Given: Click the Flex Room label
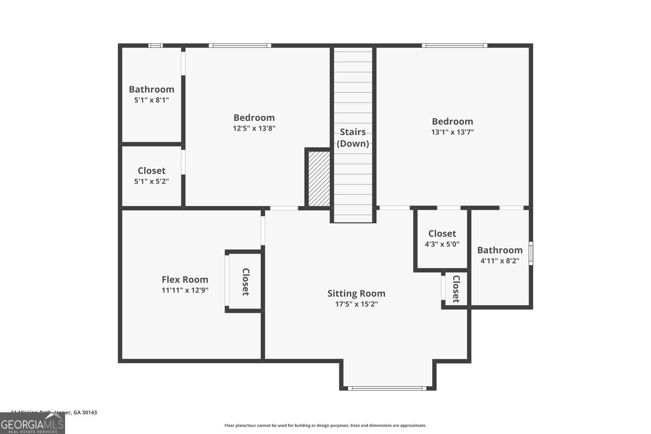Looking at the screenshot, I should point(185,279).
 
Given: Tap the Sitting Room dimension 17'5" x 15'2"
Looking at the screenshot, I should point(356,304).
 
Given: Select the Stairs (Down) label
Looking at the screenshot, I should point(353,138).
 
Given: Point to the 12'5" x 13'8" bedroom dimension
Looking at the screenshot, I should point(254,128).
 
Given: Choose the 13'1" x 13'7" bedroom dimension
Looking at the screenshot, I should point(452,132).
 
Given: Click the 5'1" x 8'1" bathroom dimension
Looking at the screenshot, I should point(151,100).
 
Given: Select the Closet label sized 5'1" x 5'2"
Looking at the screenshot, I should point(151,171).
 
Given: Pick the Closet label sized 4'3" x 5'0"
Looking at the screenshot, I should point(442,233).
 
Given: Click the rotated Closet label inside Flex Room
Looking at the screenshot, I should point(245,282).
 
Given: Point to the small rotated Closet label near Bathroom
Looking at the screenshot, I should point(456,289).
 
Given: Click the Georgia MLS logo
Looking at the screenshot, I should point(32,424).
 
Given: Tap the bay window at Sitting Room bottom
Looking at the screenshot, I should point(387,388).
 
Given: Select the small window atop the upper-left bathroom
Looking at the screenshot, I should point(155,46).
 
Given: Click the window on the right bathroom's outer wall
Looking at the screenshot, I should point(530,253).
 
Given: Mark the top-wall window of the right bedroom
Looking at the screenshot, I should point(454,46).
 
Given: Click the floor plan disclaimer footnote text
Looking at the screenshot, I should point(325,426).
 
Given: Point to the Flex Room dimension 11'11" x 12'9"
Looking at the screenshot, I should point(185,290).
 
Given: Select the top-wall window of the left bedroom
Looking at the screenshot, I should point(240,46).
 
